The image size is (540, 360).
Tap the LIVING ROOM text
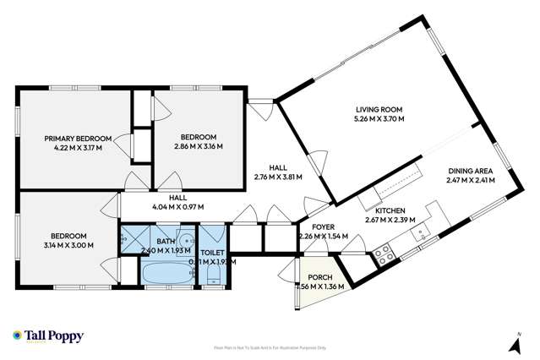pos(378,110)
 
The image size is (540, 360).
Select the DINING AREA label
pos(470,168)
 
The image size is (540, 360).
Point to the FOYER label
pos(325,226)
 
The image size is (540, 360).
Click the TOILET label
pos(213,253)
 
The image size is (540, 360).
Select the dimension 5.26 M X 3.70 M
pos(378,120)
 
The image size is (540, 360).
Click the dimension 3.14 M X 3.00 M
pos(68,246)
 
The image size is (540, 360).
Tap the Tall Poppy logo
pos(48,336)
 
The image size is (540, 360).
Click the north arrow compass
pos(512,341)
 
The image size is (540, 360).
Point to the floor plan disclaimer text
pos(270,347)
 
